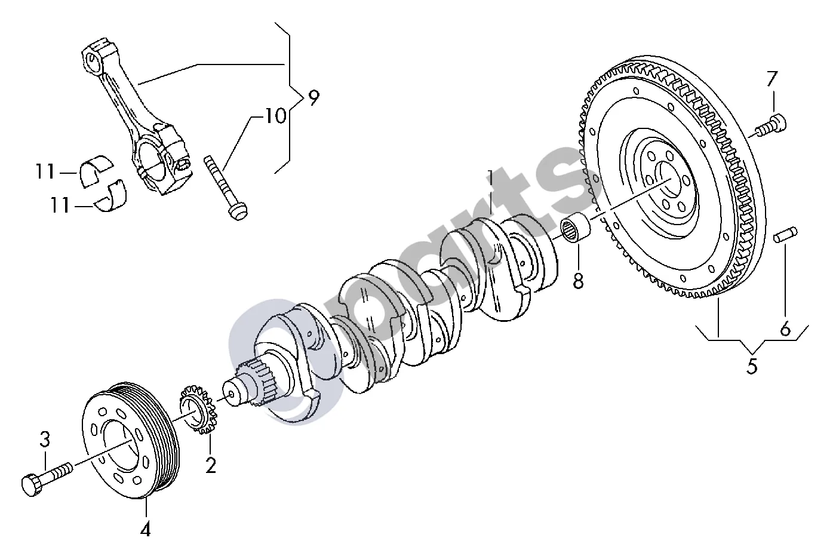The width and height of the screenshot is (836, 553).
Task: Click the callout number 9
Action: [314, 98]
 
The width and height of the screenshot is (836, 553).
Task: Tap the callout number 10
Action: [275, 115]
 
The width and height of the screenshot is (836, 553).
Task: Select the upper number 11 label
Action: [45, 171]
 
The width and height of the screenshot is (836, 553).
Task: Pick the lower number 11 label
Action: [60, 205]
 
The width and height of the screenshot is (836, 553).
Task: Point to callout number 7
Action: [772, 79]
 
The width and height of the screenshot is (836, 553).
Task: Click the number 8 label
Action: [578, 280]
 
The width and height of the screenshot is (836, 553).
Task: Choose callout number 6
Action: [786, 328]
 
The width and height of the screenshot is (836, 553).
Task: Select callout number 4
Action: [145, 529]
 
